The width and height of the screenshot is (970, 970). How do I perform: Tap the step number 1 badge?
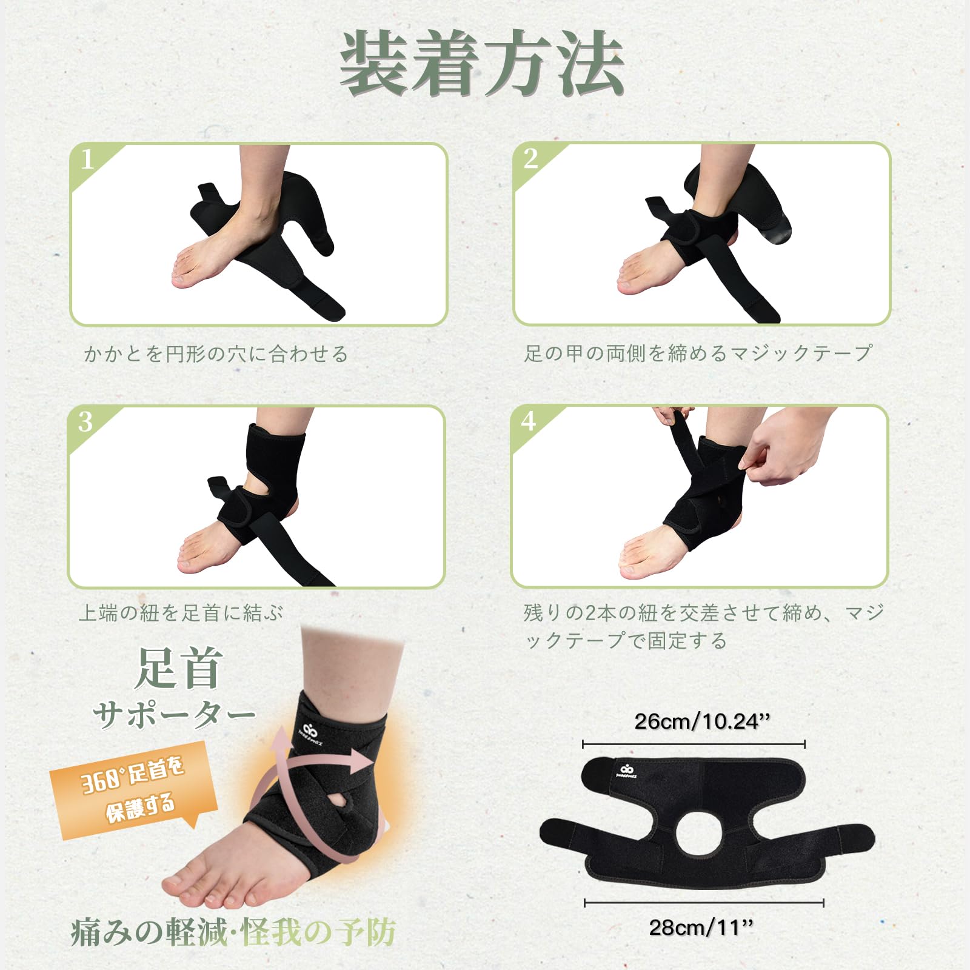tap(89, 159)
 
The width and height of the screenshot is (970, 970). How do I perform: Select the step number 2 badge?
tap(531, 159)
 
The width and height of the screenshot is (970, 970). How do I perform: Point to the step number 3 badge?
tap(85, 422)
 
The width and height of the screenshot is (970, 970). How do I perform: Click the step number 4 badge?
tap(529, 421)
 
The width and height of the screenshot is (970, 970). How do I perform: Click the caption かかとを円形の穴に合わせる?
tap(216, 354)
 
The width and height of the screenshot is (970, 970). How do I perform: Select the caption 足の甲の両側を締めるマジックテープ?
tap(698, 353)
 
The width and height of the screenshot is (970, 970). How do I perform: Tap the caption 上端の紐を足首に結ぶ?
tap(181, 613)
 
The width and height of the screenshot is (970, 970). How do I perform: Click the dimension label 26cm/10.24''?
tap(702, 721)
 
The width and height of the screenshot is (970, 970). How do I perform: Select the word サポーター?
tap(175, 715)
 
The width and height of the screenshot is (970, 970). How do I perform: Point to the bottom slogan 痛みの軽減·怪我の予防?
tap(233, 932)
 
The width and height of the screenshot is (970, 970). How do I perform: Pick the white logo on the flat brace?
tap(624, 772)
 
